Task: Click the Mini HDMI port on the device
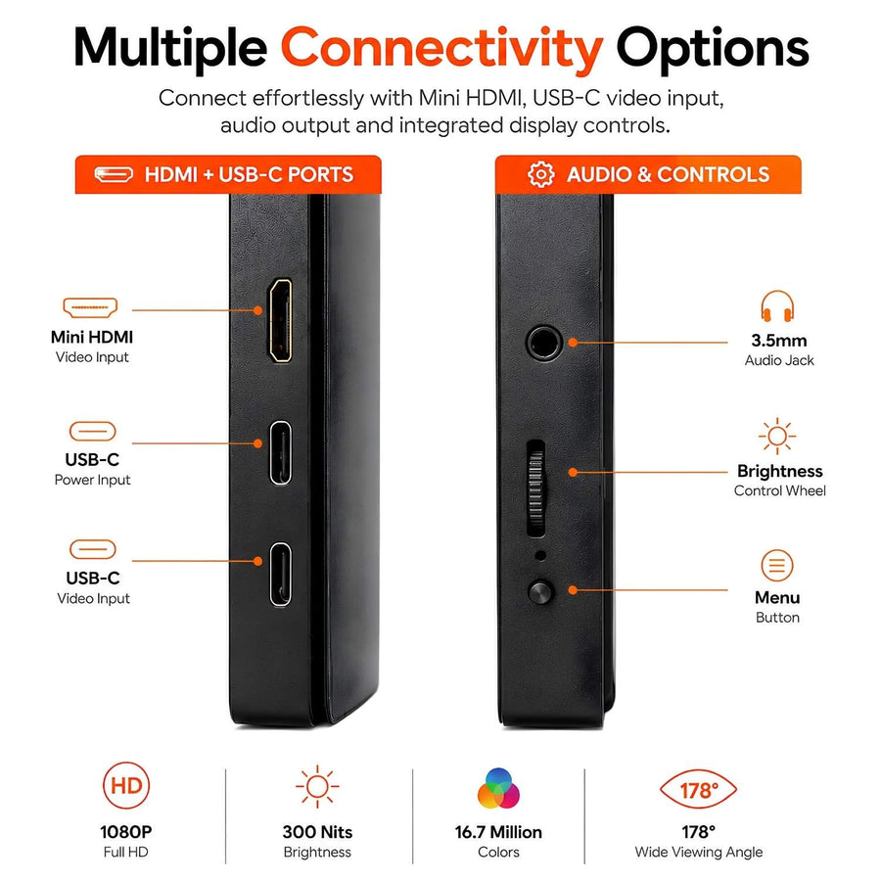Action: coord(280,320)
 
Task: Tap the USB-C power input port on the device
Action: coord(280,452)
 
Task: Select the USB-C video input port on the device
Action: coord(280,575)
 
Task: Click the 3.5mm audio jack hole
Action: coord(544,342)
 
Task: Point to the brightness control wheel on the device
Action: coord(536,487)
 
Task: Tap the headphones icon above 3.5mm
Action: coord(777,306)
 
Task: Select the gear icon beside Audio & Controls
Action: coord(540,174)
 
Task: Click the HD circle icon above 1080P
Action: coord(126,785)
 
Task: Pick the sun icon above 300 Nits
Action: coord(317,787)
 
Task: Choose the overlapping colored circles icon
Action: coord(498,788)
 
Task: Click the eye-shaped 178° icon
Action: coord(698,789)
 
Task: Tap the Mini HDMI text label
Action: coord(92,337)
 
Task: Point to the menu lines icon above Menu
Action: coord(777,565)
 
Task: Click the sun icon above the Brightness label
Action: coord(777,436)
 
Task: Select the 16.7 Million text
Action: coord(498,831)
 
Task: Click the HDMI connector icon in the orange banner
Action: coord(114,175)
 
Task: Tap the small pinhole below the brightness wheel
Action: coord(540,556)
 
